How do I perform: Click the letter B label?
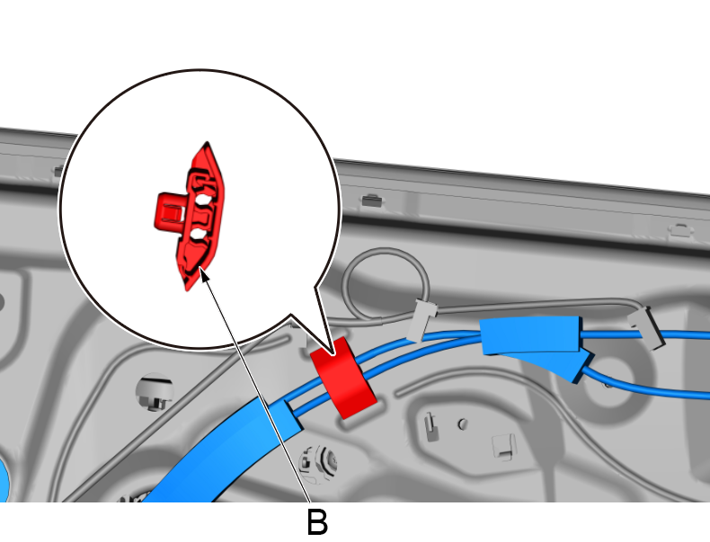317,522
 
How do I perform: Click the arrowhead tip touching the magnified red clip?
200,268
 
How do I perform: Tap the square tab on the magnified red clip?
169,211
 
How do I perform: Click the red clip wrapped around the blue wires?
343,378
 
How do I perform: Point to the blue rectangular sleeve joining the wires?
530,335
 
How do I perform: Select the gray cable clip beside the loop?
422,319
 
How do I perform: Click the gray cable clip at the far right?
646,327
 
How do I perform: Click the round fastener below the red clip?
318,463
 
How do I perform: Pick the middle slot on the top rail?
372,200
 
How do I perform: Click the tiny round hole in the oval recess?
462,424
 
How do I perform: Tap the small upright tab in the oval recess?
430,428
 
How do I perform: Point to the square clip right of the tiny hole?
503,447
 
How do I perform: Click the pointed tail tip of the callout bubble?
334,355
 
